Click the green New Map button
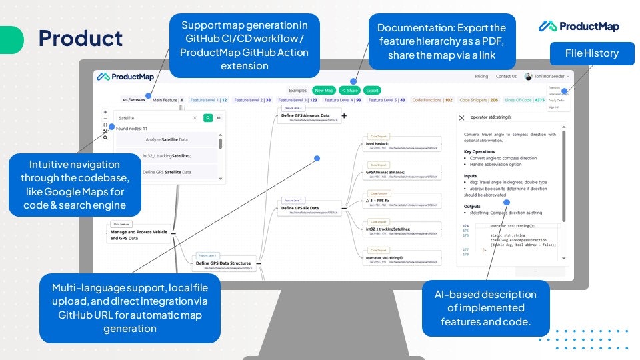[324, 90]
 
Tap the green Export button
[372, 90]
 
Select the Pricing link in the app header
[481, 77]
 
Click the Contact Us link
[506, 77]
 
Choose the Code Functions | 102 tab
[432, 100]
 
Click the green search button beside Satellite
[208, 118]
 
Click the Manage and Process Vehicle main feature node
[139, 235]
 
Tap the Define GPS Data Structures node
[223, 263]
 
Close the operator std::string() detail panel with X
[461, 117]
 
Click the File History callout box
[591, 53]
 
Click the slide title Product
[81, 38]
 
